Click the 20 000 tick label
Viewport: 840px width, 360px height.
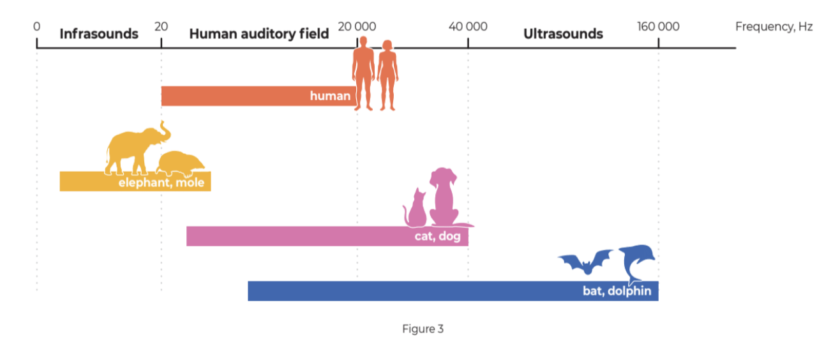tap(357, 27)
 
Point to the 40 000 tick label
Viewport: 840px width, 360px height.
tap(468, 27)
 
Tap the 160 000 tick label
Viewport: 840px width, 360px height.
tap(658, 27)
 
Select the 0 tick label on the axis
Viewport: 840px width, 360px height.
tap(36, 27)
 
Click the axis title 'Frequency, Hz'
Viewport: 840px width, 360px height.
tap(774, 27)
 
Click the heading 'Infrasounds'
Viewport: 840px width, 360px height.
tap(99, 34)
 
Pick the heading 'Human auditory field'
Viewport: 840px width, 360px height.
tap(259, 34)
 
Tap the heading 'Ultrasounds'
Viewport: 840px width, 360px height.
tap(563, 34)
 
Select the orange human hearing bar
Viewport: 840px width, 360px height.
tap(243, 96)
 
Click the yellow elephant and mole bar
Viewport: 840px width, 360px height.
tap(89, 182)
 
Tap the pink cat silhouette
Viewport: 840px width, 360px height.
tap(417, 211)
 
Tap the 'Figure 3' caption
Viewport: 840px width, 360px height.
tap(423, 329)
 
